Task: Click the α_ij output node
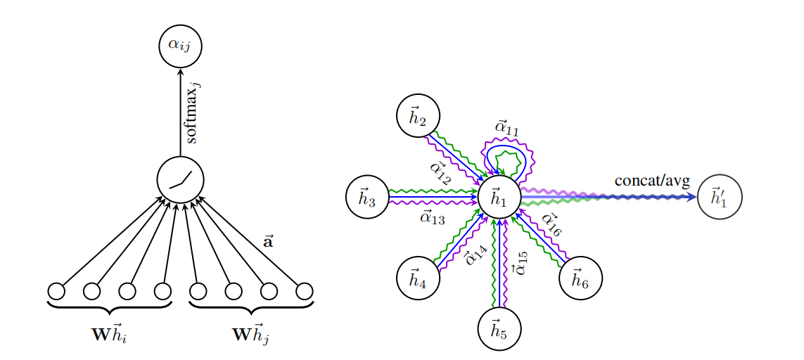coord(180,46)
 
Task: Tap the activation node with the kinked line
coord(180,180)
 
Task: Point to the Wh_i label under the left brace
coord(109,334)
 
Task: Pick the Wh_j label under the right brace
coord(251,334)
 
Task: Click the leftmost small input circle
coord(56,291)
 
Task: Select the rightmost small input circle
coord(304,291)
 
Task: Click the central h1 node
coord(499,198)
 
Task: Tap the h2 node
coord(418,117)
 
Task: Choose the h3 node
coord(367,198)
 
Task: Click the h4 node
coord(418,279)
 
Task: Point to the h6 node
coord(580,279)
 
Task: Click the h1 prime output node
coord(719,198)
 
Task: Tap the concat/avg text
coord(652,181)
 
